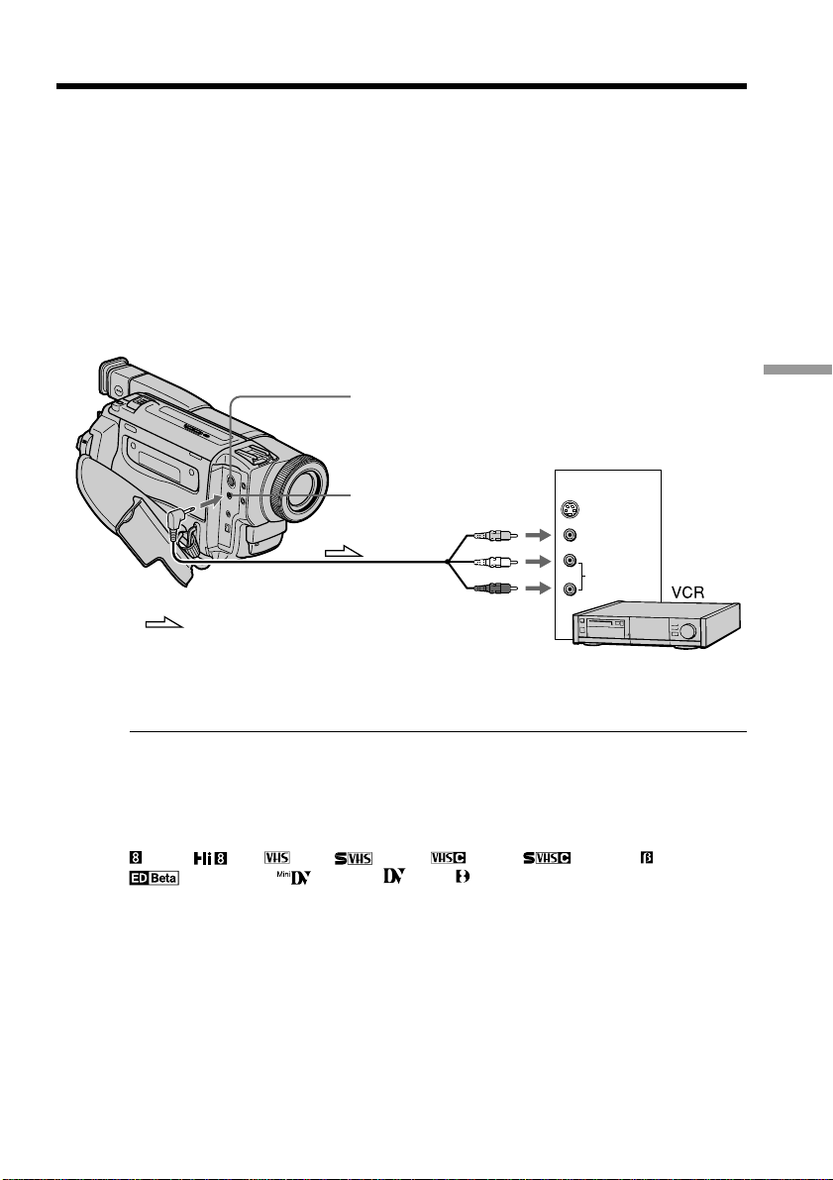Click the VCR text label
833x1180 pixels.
pyautogui.click(x=687, y=592)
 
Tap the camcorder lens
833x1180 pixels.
pyautogui.click(x=299, y=488)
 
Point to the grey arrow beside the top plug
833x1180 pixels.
pyautogui.click(x=537, y=535)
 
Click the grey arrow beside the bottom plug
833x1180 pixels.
pyautogui.click(x=537, y=588)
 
